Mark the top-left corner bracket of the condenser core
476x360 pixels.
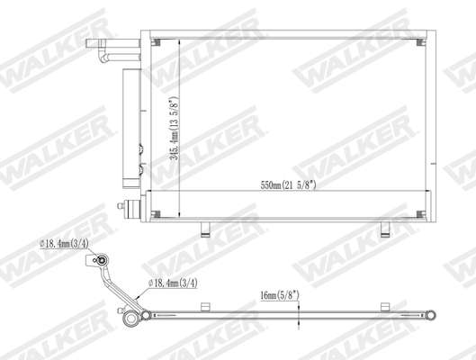(x=156, y=41)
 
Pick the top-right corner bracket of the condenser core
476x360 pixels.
(x=419, y=41)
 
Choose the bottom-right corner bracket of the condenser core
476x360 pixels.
(x=419, y=213)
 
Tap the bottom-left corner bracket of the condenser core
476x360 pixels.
(x=156, y=213)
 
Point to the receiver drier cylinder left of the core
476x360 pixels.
(x=130, y=126)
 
